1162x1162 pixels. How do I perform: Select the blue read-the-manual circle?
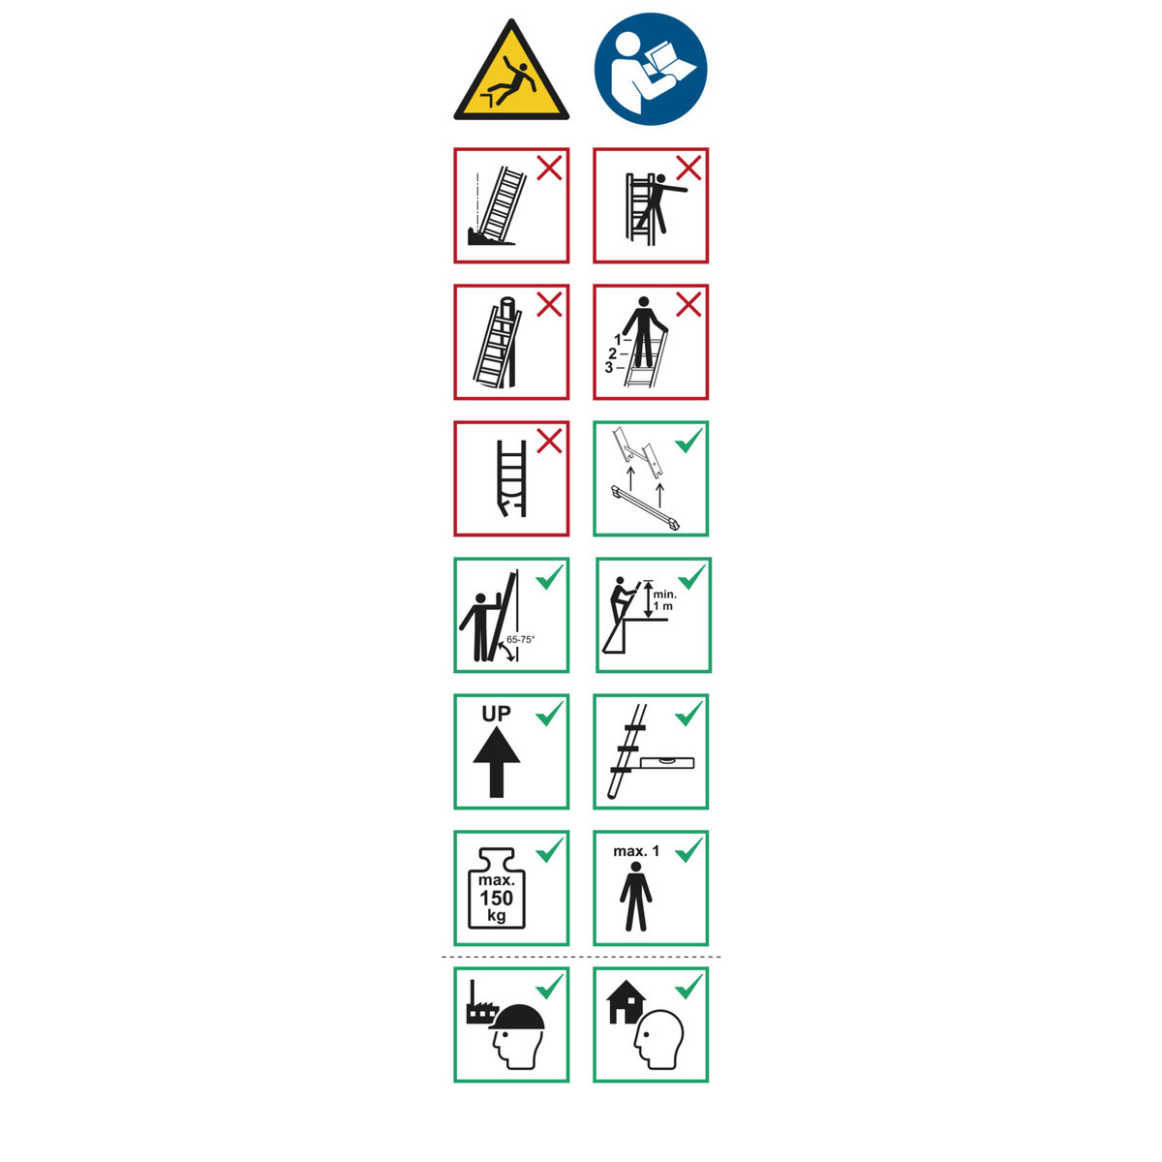[651, 69]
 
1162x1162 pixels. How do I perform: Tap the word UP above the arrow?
[496, 714]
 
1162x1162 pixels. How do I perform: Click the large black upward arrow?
[497, 762]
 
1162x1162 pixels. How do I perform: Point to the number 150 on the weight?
[497, 898]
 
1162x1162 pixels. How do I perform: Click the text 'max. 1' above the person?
[636, 851]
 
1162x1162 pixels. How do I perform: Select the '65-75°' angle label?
[520, 640]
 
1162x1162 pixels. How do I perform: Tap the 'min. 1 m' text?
[664, 600]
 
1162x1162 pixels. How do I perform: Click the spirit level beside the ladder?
[667, 762]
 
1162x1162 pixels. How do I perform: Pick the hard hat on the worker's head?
[517, 1018]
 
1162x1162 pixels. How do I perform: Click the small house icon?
[626, 1001]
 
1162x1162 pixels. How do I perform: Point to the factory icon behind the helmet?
[480, 1003]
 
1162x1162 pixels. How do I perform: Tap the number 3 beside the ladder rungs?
[609, 367]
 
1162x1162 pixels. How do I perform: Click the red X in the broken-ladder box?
[549, 442]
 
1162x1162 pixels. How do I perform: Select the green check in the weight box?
[549, 849]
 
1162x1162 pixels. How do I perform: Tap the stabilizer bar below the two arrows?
[645, 507]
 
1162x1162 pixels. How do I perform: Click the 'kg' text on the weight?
[497, 915]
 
